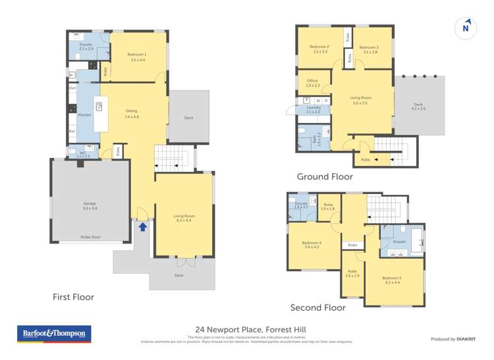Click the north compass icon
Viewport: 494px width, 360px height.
click(x=466, y=28)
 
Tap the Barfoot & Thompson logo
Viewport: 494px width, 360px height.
click(x=54, y=334)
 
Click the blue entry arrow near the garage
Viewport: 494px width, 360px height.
click(x=142, y=227)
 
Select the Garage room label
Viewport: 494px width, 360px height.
click(x=90, y=206)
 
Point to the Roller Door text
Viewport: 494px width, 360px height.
click(x=90, y=237)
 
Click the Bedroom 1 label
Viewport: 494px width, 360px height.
click(x=138, y=57)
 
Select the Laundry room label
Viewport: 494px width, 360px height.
click(x=314, y=109)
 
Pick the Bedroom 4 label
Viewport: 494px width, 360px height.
click(x=312, y=244)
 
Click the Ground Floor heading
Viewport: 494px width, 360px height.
click(x=325, y=176)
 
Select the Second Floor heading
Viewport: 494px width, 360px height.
click(x=318, y=307)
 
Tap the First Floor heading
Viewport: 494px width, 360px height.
click(x=73, y=297)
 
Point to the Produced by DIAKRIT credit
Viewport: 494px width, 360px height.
click(x=453, y=339)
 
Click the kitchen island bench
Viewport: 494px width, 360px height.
click(x=101, y=114)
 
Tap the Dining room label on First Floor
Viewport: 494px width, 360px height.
click(x=131, y=113)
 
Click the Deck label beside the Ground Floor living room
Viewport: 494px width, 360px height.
click(x=418, y=106)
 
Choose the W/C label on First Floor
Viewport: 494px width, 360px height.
click(x=82, y=154)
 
